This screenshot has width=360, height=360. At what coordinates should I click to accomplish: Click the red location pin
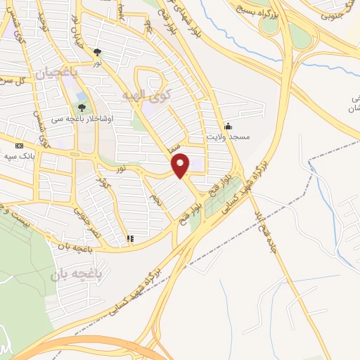click(x=181, y=165)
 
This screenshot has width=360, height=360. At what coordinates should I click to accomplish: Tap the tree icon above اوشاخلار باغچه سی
click(x=82, y=108)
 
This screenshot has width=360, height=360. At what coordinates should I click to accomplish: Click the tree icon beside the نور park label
click(x=97, y=51)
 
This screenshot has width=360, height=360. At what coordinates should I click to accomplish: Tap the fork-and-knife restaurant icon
click(x=129, y=239)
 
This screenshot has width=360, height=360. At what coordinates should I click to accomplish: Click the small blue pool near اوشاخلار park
click(x=82, y=96)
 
